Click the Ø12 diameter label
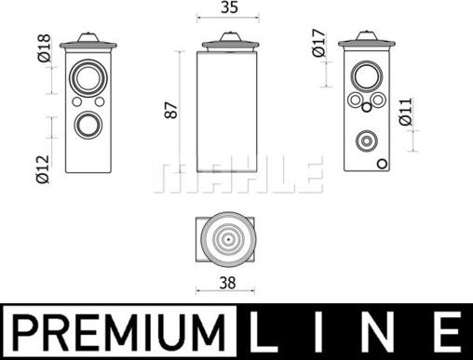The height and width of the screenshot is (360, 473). [43, 164]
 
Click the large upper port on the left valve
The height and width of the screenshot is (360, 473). [89, 76]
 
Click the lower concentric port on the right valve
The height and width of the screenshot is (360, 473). [365, 140]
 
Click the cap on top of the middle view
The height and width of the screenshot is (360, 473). [227, 40]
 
